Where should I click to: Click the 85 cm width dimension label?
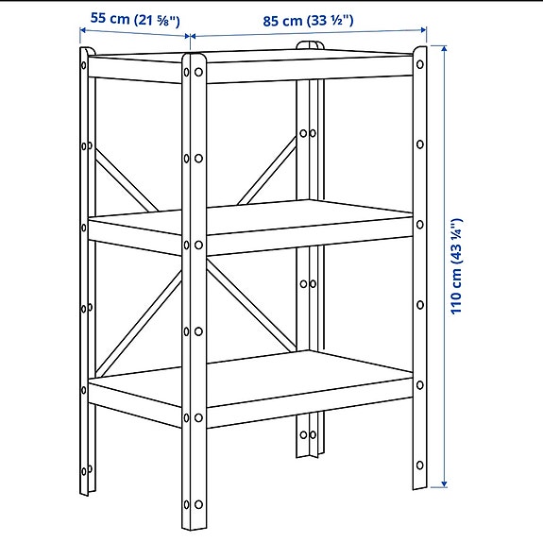point(308,20)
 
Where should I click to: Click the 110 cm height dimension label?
point(458,265)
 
